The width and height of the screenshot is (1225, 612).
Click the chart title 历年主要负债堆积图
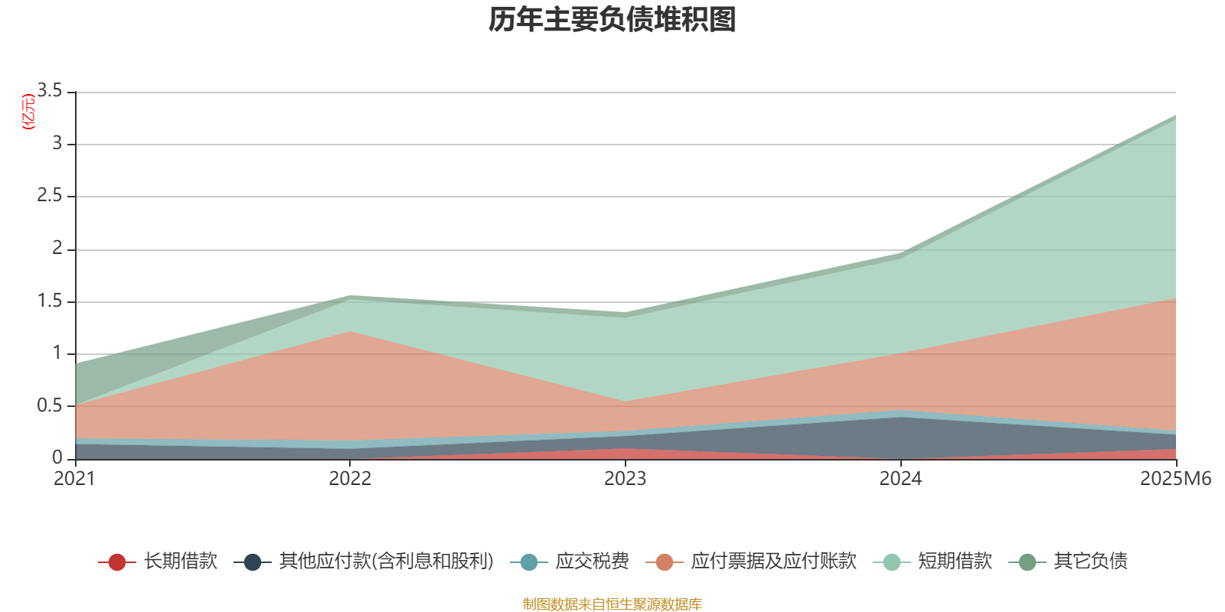click(612, 20)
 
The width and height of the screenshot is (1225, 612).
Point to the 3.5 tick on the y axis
click(50, 91)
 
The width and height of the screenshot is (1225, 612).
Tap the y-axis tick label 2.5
click(50, 196)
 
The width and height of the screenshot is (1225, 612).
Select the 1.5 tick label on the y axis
click(50, 301)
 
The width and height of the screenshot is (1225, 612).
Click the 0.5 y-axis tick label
click(50, 406)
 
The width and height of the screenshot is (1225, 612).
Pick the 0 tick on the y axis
click(57, 458)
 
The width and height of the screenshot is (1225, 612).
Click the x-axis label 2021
click(74, 479)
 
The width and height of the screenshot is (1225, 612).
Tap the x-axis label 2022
click(350, 479)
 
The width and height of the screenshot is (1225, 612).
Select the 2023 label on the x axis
click(625, 479)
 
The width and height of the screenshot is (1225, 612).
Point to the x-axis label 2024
click(900, 479)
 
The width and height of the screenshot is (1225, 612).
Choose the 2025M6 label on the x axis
click(1175, 479)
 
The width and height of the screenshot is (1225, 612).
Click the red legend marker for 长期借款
click(116, 562)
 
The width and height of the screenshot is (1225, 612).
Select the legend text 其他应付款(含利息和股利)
click(386, 562)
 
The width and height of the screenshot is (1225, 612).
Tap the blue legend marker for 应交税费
click(528, 562)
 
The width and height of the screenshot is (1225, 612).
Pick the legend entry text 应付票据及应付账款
click(773, 562)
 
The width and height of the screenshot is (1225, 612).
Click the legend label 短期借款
click(955, 562)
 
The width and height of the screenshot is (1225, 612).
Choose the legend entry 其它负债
click(1090, 562)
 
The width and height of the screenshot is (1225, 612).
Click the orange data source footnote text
click(612, 604)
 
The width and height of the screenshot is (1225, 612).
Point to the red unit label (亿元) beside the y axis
click(28, 112)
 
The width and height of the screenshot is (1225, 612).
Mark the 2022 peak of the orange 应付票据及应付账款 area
click(350, 331)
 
